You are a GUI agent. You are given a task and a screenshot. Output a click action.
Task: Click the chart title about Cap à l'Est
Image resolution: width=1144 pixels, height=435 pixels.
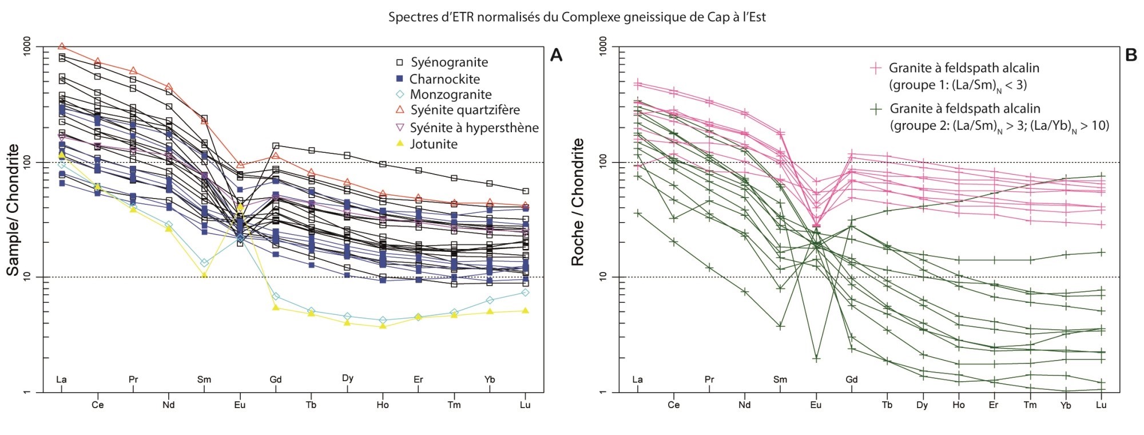pos(577,17)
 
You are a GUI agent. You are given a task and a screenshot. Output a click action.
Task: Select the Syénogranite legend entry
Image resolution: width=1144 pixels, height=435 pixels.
pos(449,62)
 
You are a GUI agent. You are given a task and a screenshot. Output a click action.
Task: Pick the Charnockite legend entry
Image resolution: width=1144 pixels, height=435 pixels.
pos(444,79)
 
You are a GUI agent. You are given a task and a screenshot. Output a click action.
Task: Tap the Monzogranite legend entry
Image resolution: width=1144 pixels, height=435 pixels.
pos(451,94)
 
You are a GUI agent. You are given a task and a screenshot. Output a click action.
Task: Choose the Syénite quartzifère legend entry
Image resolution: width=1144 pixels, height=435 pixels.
pos(465,110)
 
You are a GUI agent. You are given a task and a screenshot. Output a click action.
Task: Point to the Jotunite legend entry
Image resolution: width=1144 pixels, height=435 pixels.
pos(434,144)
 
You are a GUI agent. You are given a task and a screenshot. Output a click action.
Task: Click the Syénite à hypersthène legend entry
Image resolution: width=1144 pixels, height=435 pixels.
pos(474,127)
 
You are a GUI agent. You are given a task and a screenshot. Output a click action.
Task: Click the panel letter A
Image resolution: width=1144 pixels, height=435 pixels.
pos(555,55)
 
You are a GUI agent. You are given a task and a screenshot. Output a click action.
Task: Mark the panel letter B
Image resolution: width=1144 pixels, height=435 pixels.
pos(1130,55)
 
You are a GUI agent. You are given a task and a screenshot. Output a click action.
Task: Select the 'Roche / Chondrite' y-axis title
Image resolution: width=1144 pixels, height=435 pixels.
pos(578,202)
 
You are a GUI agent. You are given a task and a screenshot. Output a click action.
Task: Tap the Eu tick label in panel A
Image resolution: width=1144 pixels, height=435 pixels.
pos(240,405)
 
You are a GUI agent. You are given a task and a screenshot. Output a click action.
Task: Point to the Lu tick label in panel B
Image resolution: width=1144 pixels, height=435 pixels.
pos(1101,405)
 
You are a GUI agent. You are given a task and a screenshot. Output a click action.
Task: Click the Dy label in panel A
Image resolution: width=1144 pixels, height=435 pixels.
pos(347,378)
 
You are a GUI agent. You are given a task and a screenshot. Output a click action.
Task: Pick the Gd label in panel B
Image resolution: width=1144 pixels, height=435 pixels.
pos(852,379)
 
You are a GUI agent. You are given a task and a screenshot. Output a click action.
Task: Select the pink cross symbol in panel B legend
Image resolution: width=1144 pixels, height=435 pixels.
pos(875,68)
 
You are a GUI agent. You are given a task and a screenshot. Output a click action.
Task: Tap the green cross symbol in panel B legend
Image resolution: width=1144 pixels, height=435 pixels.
pos(876,108)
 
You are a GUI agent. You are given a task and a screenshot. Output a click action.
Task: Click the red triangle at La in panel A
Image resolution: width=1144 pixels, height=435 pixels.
pos(61,46)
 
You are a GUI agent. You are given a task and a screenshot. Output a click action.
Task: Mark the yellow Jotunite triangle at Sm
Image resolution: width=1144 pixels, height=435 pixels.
pos(204,274)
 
